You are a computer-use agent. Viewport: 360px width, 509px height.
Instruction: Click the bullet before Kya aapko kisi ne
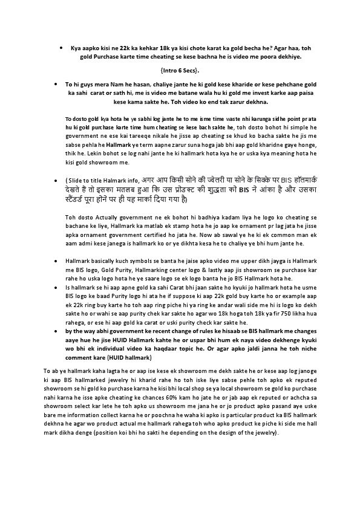pos(62,47)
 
